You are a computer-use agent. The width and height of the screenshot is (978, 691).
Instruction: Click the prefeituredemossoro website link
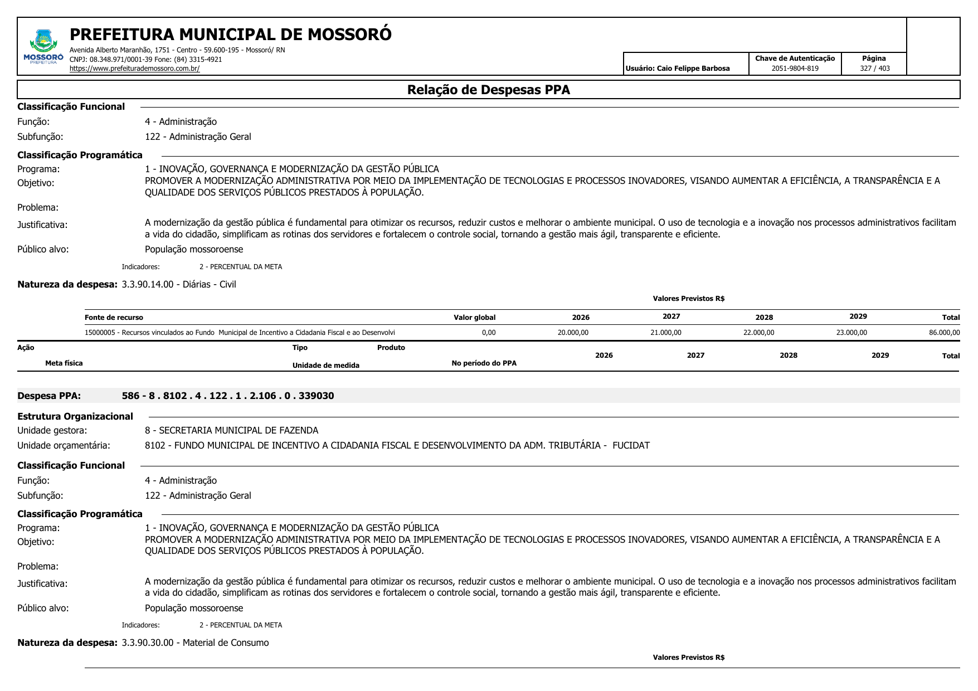pyautogui.click(x=134, y=69)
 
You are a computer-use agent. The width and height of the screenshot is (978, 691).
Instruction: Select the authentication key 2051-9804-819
pyautogui.click(x=795, y=69)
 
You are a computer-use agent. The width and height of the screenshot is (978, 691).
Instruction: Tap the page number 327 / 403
pyautogui.click(x=874, y=69)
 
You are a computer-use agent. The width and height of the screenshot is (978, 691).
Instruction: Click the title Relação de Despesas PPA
pyautogui.click(x=488, y=90)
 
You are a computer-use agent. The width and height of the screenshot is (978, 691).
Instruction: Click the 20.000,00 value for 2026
pyautogui.click(x=573, y=333)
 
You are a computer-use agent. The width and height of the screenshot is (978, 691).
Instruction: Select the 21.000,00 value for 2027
pyautogui.click(x=665, y=333)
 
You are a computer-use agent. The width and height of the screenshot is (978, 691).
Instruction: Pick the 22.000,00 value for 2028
pyautogui.click(x=758, y=333)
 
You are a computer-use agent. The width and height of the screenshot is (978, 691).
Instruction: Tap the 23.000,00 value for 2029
pyautogui.click(x=852, y=333)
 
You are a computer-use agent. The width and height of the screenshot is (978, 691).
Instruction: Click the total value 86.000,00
pyautogui.click(x=944, y=333)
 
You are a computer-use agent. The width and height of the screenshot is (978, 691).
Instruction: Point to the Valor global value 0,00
pyautogui.click(x=489, y=333)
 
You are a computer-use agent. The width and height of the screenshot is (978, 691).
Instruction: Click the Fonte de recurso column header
pyautogui.click(x=114, y=318)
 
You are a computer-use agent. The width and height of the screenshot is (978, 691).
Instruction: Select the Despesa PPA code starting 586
pyautogui.click(x=228, y=396)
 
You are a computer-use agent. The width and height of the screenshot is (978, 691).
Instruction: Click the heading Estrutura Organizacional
pyautogui.click(x=75, y=416)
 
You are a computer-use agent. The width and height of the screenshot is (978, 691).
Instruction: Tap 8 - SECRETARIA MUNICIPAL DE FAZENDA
pyautogui.click(x=231, y=430)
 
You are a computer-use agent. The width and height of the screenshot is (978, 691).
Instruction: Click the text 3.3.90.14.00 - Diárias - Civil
pyautogui.click(x=179, y=284)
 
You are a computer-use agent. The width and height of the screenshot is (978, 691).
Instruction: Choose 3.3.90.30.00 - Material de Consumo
pyautogui.click(x=195, y=643)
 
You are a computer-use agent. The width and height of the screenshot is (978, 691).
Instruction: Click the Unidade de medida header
pyautogui.click(x=326, y=366)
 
